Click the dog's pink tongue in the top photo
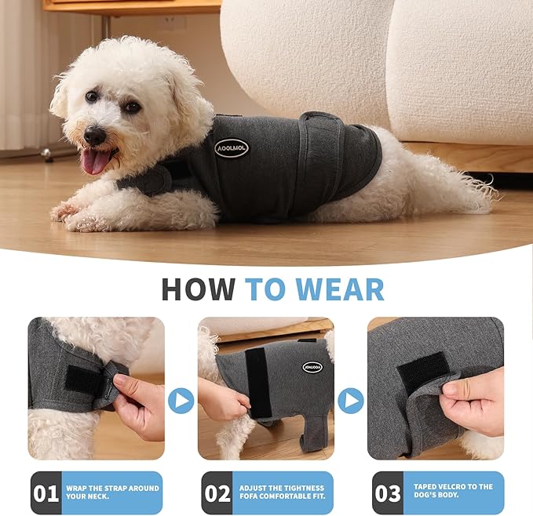coord(97,162)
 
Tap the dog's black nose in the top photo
coord(95,136)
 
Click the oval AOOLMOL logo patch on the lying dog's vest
coord(232,147)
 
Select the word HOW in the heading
coord(198,289)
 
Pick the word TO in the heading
coord(264,289)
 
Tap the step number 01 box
coord(46,493)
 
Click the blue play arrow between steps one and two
coord(181,401)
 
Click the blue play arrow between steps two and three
coord(350,401)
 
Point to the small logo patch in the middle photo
coord(312,367)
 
